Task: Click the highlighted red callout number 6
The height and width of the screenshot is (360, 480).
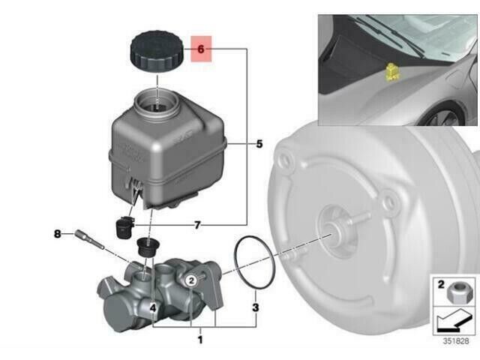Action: pyautogui.click(x=201, y=49)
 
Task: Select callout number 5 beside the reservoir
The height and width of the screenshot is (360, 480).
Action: pyautogui.click(x=259, y=143)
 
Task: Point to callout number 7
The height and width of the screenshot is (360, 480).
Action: pyautogui.click(x=197, y=225)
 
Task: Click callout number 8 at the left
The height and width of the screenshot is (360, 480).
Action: pyautogui.click(x=57, y=234)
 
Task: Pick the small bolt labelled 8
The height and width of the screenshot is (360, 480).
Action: pyautogui.click(x=89, y=239)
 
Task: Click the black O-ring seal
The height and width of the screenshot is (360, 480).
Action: pyautogui.click(x=255, y=262)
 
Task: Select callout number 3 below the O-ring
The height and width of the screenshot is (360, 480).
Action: pyautogui.click(x=256, y=307)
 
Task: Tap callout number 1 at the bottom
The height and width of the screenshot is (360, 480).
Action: pyautogui.click(x=200, y=340)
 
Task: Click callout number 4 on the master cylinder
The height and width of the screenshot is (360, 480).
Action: pyautogui.click(x=153, y=308)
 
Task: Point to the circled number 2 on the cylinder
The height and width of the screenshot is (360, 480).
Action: pyautogui.click(x=191, y=280)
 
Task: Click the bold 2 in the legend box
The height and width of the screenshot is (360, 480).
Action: pyautogui.click(x=441, y=284)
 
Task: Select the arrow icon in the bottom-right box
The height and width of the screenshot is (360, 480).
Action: pyautogui.click(x=454, y=320)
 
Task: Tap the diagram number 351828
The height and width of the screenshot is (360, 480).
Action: pyautogui.click(x=456, y=341)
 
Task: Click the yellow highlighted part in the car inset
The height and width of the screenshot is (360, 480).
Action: pyautogui.click(x=391, y=72)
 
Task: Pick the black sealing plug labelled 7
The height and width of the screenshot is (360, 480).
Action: pyautogui.click(x=124, y=226)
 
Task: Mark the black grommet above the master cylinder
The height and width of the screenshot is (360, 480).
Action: pyautogui.click(x=148, y=247)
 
